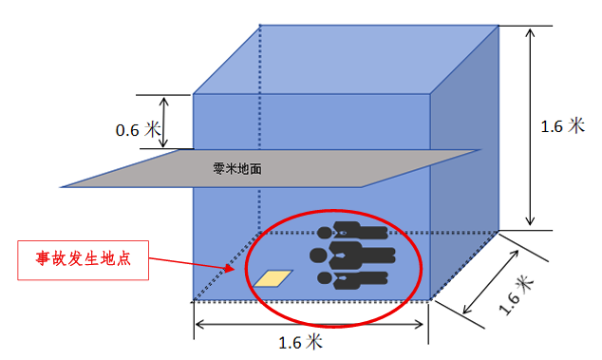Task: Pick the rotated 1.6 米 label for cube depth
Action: click(x=520, y=292)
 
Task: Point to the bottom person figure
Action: click(x=356, y=279)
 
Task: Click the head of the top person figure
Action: click(x=326, y=231)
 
